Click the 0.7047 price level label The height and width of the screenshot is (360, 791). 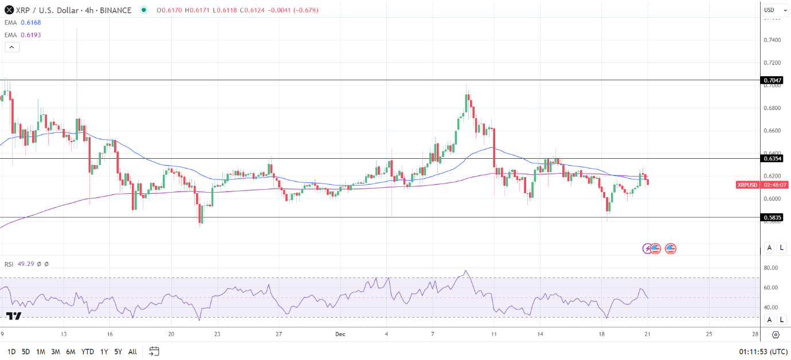[772, 80]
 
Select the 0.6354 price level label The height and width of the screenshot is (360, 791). [772, 158]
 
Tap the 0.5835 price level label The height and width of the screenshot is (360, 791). [772, 217]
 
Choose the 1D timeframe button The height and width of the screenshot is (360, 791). [11, 351]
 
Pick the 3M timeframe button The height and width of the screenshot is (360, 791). [56, 351]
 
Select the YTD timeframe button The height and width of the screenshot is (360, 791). [88, 351]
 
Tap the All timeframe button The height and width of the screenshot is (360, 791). [132, 351]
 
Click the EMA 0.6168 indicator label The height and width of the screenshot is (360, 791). [22, 22]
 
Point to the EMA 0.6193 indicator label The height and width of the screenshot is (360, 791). [22, 35]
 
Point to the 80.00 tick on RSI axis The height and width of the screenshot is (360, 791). [772, 268]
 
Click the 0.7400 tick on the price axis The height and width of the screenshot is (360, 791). [772, 40]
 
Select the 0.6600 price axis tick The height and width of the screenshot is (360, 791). [772, 131]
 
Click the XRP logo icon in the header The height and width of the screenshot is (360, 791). [9, 10]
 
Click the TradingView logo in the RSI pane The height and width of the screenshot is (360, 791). [14, 316]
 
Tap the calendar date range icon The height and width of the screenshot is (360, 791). [154, 351]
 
